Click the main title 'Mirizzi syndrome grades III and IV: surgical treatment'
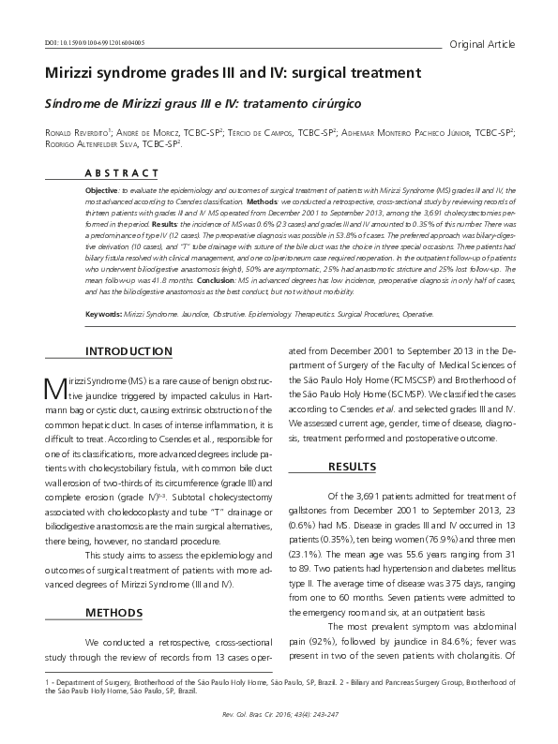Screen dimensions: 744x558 pyautogui.click(x=234, y=72)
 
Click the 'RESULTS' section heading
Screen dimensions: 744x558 pyautogui.click(x=356, y=467)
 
